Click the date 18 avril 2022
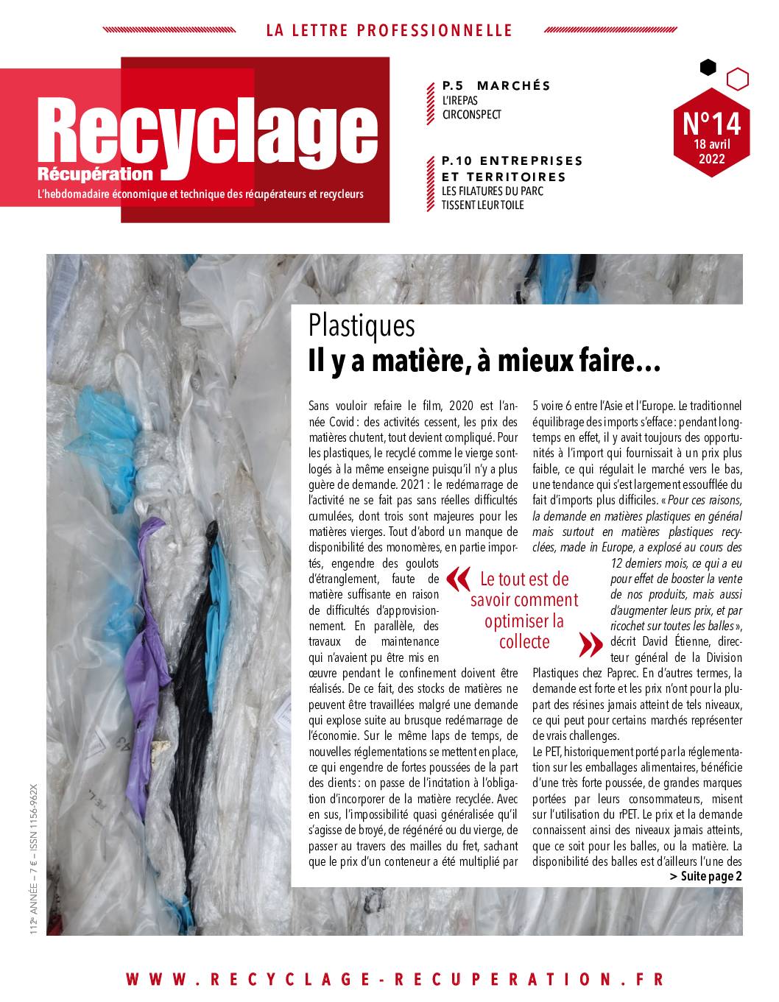point(712,152)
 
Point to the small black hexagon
point(708,68)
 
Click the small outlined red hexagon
point(738,77)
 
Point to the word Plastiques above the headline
point(362,325)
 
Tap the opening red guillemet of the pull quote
point(457,579)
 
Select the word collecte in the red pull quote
point(524,641)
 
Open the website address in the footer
point(395,978)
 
